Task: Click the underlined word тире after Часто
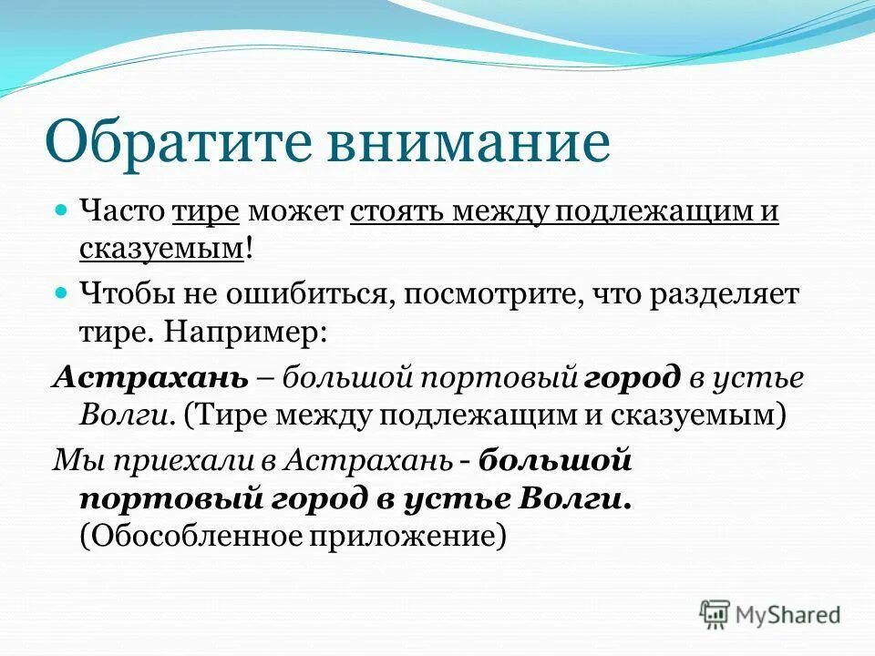pos(205,210)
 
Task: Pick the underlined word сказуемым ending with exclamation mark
pos(160,248)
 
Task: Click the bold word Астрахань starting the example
pos(149,376)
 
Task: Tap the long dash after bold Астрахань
pos(266,378)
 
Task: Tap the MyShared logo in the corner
pos(770,613)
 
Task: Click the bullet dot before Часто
pos(63,210)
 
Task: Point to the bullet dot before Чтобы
pos(63,293)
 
